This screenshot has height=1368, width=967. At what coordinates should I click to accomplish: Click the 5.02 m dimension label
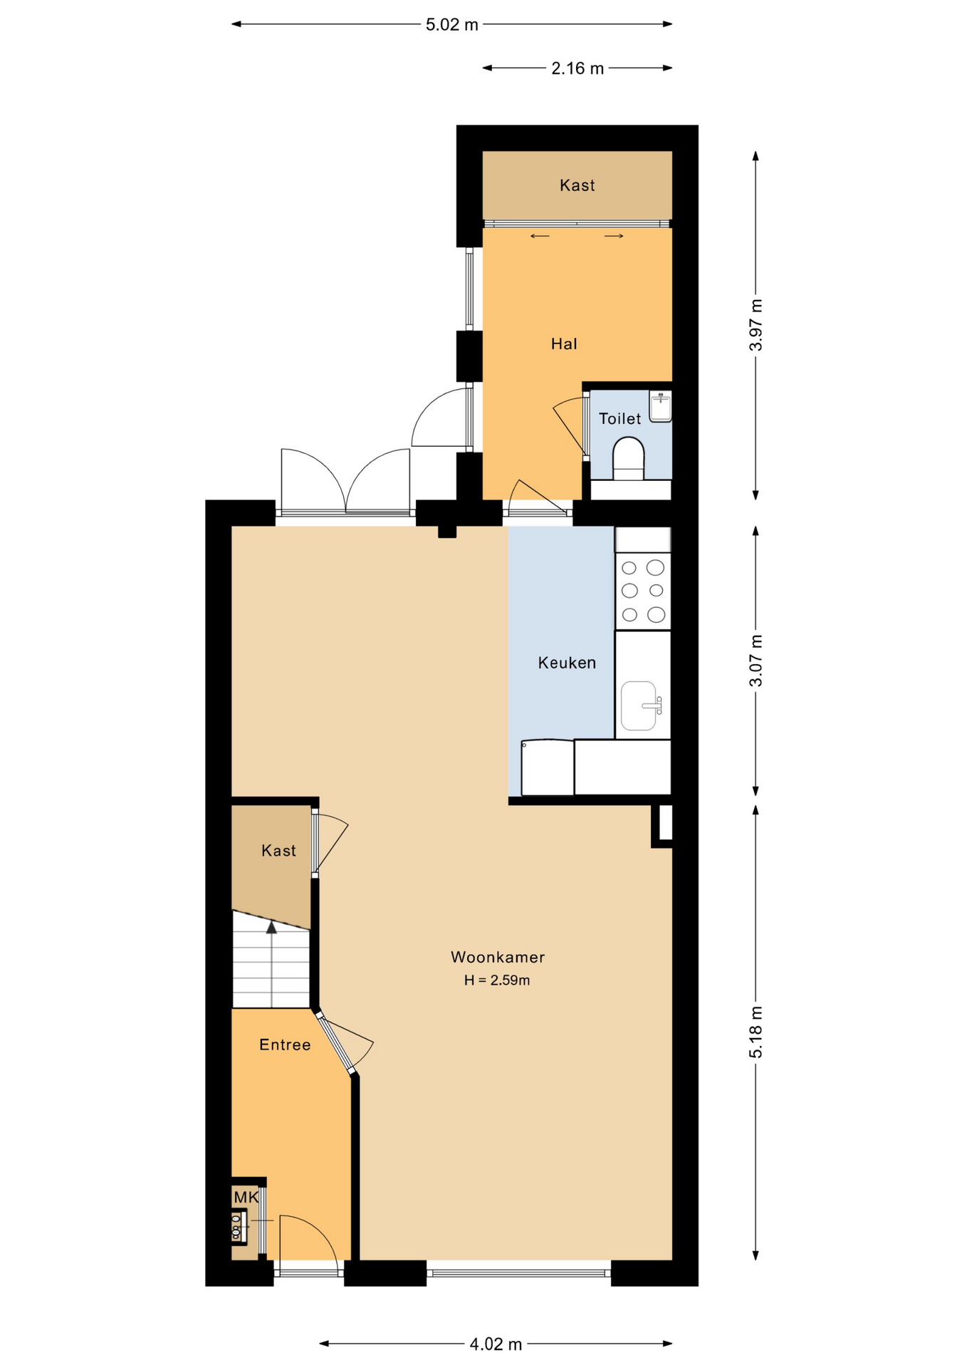click(x=451, y=25)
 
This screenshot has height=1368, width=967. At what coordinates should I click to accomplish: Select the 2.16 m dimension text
click(x=577, y=68)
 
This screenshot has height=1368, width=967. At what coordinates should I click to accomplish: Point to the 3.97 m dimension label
click(x=756, y=325)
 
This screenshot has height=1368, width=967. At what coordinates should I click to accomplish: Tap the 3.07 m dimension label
click(x=756, y=660)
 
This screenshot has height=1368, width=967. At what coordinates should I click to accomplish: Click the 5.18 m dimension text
click(x=756, y=1032)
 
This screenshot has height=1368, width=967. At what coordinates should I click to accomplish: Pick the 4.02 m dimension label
click(x=496, y=1344)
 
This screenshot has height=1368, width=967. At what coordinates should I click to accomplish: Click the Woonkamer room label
click(x=498, y=957)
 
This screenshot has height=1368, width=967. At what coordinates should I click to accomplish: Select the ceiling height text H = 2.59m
click(x=497, y=980)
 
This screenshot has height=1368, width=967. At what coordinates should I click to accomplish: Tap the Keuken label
click(x=567, y=663)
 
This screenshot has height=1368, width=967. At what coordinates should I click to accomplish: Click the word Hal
click(x=564, y=344)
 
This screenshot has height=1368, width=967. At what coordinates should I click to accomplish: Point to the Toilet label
click(x=620, y=419)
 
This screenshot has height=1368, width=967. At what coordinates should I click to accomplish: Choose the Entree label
click(x=285, y=1045)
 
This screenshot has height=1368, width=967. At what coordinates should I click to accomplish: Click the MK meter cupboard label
click(x=246, y=1198)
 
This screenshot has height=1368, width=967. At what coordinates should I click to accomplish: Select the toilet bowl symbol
click(x=628, y=458)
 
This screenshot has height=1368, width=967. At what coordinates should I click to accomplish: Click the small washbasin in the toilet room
click(x=661, y=406)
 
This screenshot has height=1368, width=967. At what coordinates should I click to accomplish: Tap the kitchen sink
click(x=640, y=706)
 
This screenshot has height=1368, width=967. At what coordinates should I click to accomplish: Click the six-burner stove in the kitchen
click(x=643, y=591)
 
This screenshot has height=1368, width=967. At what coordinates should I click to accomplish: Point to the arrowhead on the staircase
click(x=271, y=927)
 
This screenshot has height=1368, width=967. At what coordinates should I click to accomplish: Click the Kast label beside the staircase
click(x=278, y=851)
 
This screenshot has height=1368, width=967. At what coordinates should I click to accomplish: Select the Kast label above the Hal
click(x=577, y=185)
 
